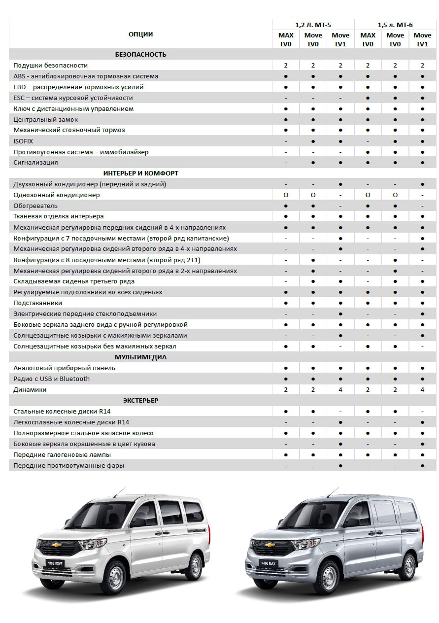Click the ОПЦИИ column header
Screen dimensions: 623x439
click(x=140, y=34)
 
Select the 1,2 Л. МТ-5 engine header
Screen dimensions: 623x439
click(x=312, y=24)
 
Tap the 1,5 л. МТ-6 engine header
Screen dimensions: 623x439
click(x=395, y=24)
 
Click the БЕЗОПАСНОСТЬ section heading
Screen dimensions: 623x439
click(x=140, y=54)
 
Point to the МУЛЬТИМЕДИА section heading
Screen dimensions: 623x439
click(x=140, y=357)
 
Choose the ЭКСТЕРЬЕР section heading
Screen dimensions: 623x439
click(x=140, y=400)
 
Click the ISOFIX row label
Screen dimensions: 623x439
click(x=23, y=141)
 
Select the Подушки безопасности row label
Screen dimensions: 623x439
click(x=51, y=65)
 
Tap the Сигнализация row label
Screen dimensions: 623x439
click(x=36, y=163)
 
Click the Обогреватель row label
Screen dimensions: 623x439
click(x=35, y=206)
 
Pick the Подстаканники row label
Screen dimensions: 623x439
click(x=38, y=303)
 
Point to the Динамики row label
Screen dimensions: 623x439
click(x=30, y=389)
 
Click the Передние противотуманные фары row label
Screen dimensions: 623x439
click(x=69, y=465)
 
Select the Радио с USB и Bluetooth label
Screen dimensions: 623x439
click(x=52, y=379)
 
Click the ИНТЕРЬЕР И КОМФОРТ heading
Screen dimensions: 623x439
click(x=140, y=173)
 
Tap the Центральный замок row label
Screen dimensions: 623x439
click(x=46, y=119)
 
